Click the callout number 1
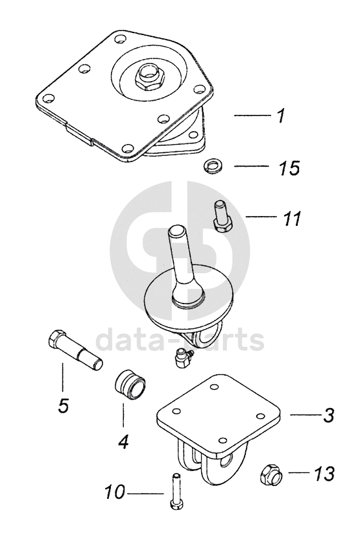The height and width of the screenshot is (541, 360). [282, 115]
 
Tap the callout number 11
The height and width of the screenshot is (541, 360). [292, 218]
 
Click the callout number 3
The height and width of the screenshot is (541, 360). [328, 415]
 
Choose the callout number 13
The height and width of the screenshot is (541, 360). [324, 474]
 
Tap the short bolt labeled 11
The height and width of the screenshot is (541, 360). [221, 216]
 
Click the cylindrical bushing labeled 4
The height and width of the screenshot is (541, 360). [130, 386]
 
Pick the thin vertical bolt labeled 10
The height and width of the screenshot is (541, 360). [177, 490]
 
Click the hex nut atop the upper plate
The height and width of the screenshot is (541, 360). [150, 75]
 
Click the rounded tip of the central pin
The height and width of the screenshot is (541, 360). [177, 230]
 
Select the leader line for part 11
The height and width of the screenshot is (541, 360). [261, 217]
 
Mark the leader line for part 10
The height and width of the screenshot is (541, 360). [145, 494]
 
